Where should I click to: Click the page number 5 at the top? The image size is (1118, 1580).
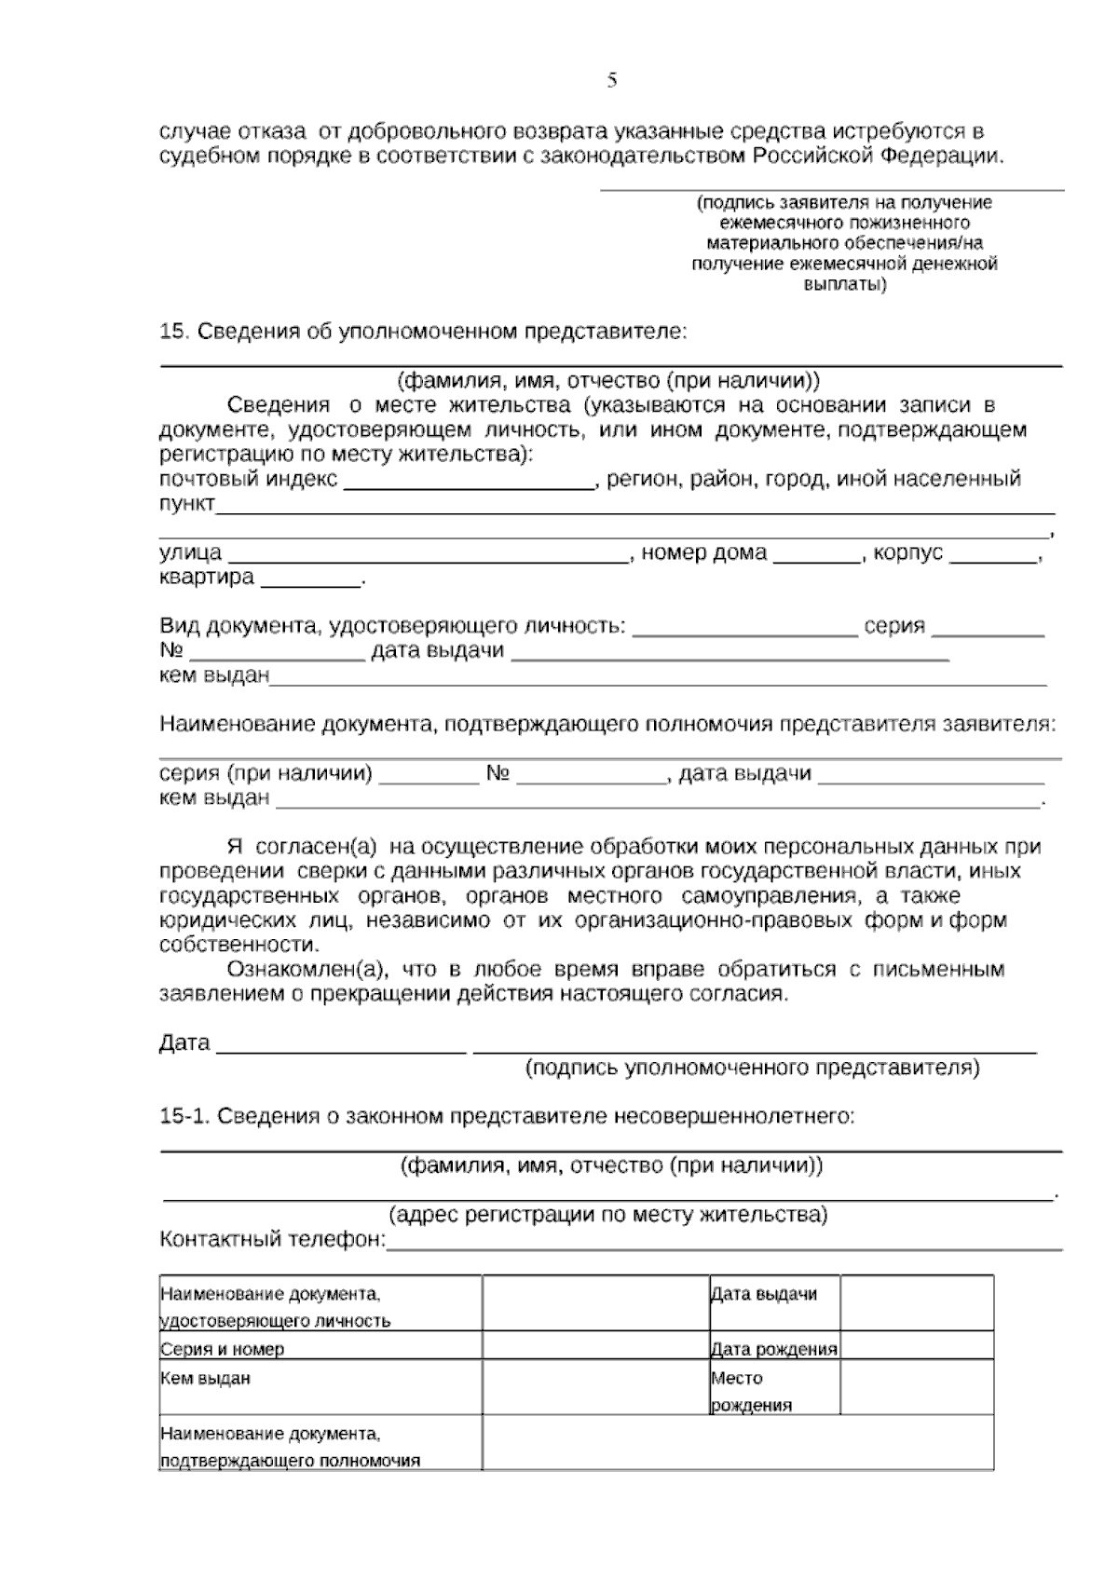[x=612, y=80]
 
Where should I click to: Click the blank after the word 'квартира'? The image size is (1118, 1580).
[x=310, y=581]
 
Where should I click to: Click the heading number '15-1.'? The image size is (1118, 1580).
[x=184, y=1116]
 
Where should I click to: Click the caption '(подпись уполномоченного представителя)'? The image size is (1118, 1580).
[x=753, y=1068]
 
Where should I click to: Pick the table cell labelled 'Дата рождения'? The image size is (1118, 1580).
[x=774, y=1349]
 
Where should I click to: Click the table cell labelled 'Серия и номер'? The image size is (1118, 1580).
[x=223, y=1349]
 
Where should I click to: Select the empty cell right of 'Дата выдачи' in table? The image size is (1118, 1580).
[x=916, y=1302]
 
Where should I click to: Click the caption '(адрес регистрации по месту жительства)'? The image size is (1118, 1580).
[x=607, y=1215]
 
